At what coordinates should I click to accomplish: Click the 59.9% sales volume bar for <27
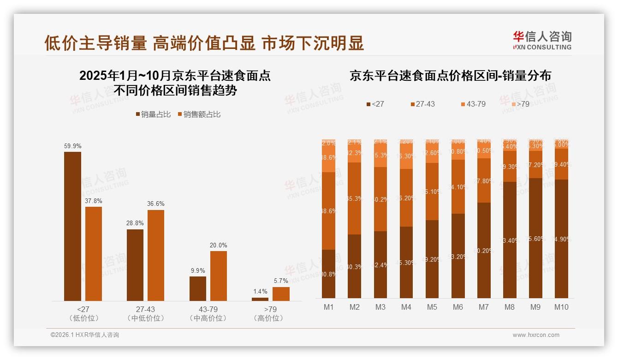(x=72, y=226)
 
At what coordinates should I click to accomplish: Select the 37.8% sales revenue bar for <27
(x=94, y=254)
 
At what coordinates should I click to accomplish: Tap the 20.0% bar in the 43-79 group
(x=219, y=276)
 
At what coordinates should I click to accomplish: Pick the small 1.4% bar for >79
(x=260, y=299)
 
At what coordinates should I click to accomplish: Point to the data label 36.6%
(x=156, y=204)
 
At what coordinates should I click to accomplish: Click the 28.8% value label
(x=135, y=223)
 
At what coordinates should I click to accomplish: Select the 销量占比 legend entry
(x=153, y=114)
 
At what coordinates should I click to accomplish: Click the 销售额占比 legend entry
(x=199, y=114)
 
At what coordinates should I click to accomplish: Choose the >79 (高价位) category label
(x=270, y=313)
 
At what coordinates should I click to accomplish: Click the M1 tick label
(x=328, y=307)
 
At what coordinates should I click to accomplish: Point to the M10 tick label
(x=562, y=307)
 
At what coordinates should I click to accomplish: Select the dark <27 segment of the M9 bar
(x=535, y=238)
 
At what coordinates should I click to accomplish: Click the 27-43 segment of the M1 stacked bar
(x=328, y=211)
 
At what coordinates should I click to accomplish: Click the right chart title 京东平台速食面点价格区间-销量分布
(x=450, y=76)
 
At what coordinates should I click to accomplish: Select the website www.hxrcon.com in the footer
(x=536, y=335)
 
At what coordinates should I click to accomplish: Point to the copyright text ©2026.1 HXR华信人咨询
(x=85, y=335)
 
